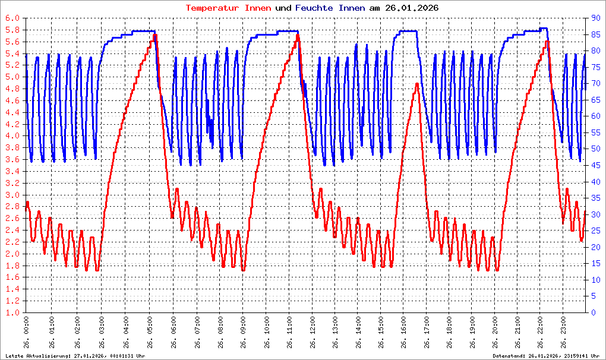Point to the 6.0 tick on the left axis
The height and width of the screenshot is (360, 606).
[x=12, y=18]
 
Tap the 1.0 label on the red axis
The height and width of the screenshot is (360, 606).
[x=12, y=312]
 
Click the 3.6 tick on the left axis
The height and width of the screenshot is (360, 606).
[x=12, y=160]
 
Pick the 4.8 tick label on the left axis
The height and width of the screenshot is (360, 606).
[x=12, y=89]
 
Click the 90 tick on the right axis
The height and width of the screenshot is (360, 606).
[x=592, y=18]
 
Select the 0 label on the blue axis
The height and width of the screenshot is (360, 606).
[x=590, y=312]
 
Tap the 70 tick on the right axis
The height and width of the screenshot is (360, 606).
[x=592, y=84]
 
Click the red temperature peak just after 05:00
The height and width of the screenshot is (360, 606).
[x=155, y=35]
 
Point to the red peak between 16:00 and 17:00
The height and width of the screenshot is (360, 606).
[x=417, y=84]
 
